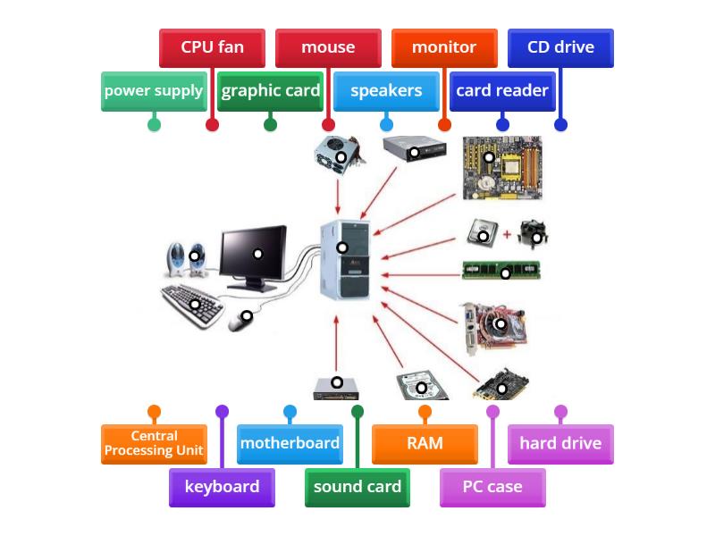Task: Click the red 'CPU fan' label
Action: pos(212,47)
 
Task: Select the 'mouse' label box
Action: pos(328,47)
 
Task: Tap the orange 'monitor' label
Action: pos(444,47)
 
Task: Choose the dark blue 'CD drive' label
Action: pos(560,47)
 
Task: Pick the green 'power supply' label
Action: pos(154,91)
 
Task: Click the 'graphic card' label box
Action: pos(270,91)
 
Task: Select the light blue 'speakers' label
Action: pos(386,91)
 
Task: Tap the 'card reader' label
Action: pos(502,91)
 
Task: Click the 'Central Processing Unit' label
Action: pos(154,444)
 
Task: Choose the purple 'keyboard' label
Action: pos(222,487)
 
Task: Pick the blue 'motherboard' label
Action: pos(290,444)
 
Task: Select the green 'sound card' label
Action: pos(357,487)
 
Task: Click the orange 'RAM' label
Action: pos(425,444)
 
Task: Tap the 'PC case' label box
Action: pos(492,487)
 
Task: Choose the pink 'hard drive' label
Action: pos(560,444)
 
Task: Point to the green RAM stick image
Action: pos(500,270)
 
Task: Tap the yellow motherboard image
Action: pos(500,168)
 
